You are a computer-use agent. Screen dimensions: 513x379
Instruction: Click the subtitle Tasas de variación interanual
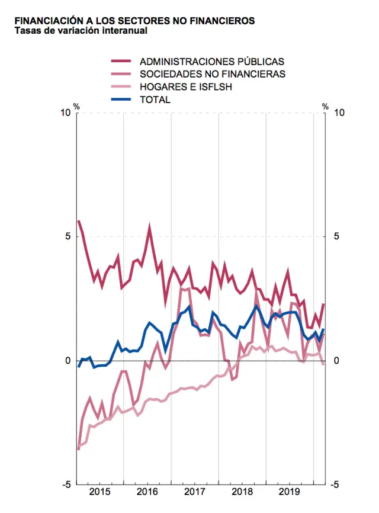click(x=81, y=31)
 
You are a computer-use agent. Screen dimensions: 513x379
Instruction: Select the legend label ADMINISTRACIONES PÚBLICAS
click(x=211, y=62)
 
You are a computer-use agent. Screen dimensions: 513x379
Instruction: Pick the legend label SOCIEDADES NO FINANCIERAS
click(x=212, y=74)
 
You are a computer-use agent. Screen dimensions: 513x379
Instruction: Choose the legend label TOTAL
click(x=155, y=100)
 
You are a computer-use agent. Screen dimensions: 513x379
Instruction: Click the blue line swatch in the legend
click(x=121, y=100)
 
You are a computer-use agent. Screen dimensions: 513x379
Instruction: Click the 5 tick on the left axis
click(x=69, y=236)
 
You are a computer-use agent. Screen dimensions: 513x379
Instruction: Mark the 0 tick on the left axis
click(x=69, y=361)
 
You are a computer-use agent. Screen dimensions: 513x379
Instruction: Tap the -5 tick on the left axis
click(x=67, y=485)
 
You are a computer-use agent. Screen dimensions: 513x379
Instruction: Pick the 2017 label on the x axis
click(x=195, y=492)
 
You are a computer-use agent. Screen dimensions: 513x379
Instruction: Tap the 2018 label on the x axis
click(x=243, y=492)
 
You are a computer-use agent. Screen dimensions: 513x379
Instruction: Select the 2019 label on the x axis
click(x=290, y=492)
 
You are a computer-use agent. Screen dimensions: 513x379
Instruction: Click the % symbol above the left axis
click(x=76, y=107)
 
